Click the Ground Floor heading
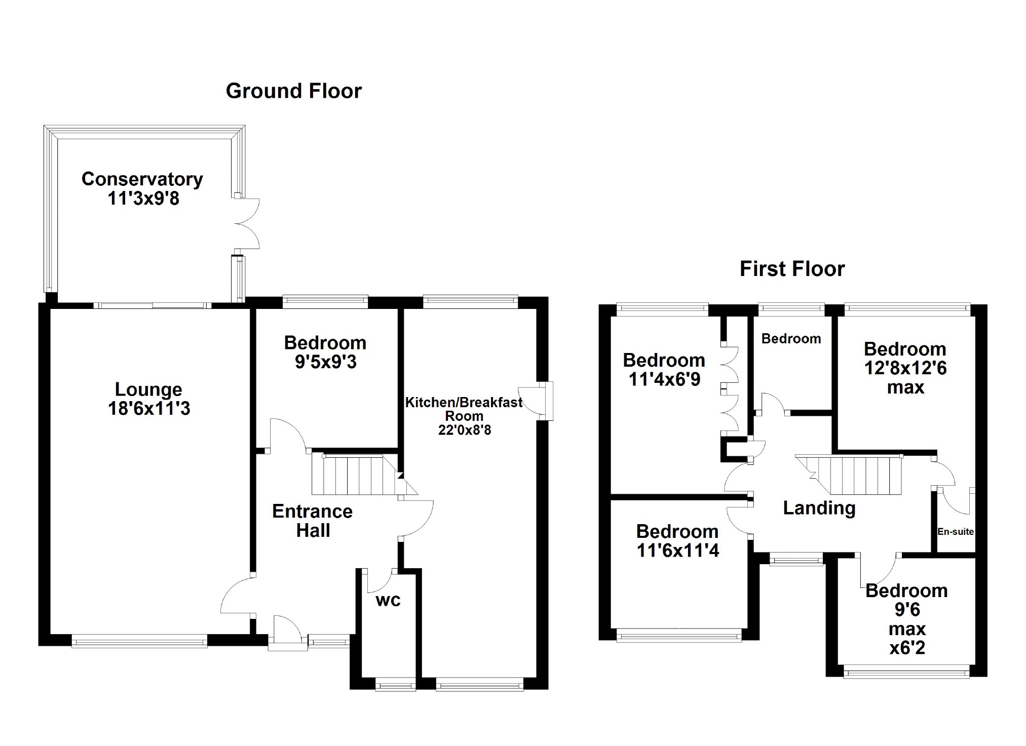[293, 91]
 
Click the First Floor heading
[792, 269]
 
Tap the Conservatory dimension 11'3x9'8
[143, 199]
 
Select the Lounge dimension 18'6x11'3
[148, 409]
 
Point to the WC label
[388, 601]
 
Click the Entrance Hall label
[312, 521]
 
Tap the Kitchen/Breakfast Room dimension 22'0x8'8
[464, 430]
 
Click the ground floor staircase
[355, 475]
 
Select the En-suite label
[955, 532]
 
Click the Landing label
[819, 508]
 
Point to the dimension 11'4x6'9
[664, 379]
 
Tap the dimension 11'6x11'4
[677, 551]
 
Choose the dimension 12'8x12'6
[905, 368]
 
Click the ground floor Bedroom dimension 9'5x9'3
[325, 362]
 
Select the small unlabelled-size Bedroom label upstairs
[791, 339]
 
